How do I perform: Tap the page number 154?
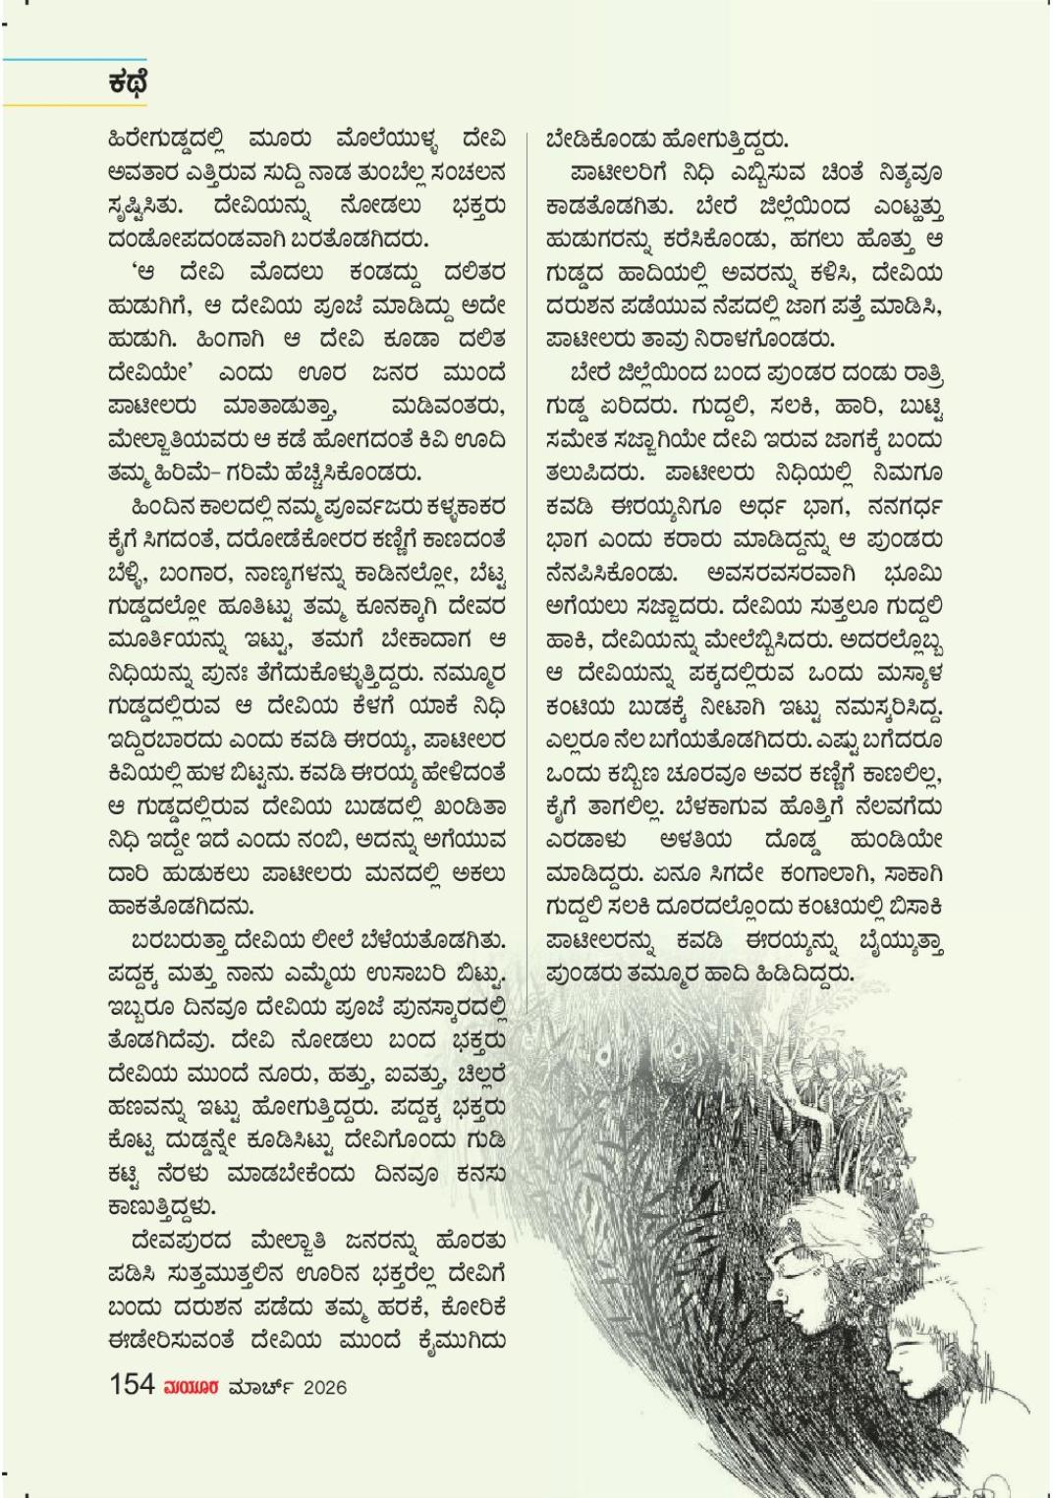point(132,1385)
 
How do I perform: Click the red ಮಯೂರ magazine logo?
point(192,1387)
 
